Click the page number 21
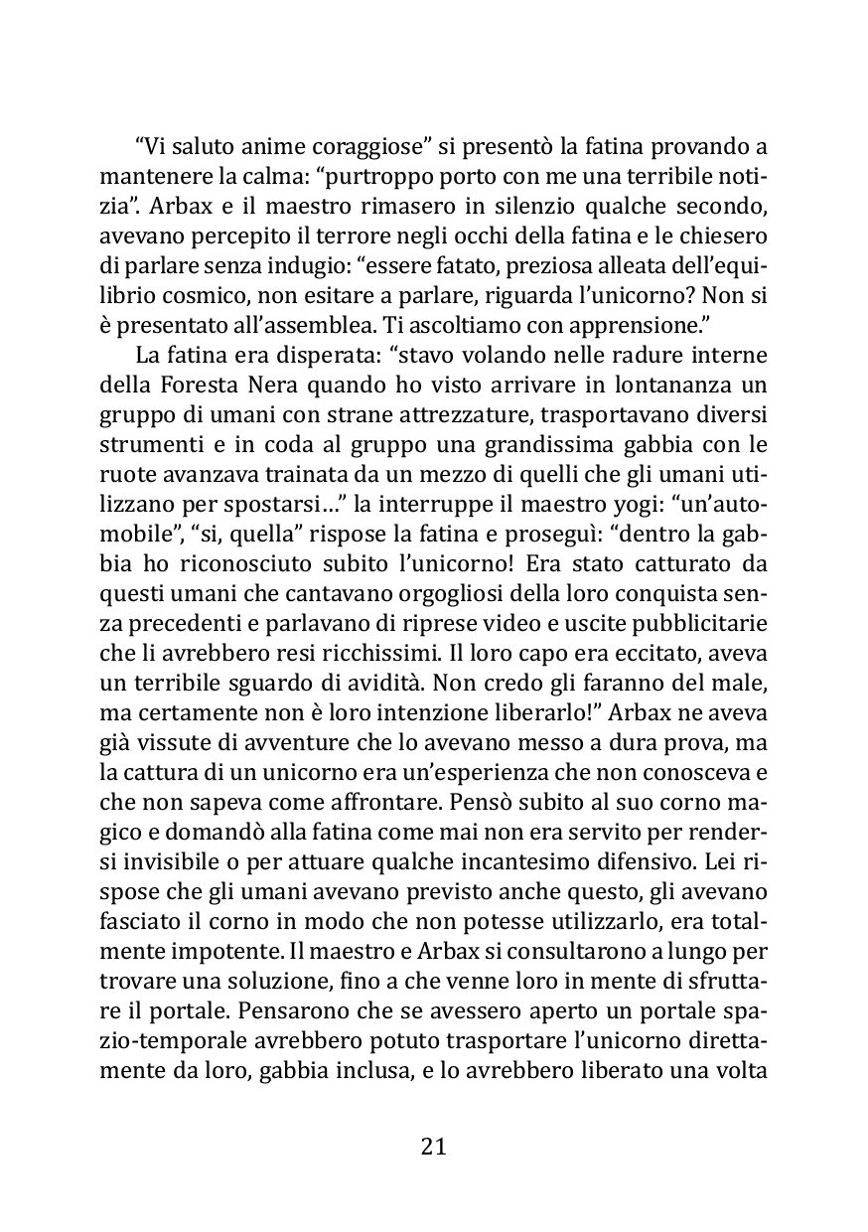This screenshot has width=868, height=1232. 434,1147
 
